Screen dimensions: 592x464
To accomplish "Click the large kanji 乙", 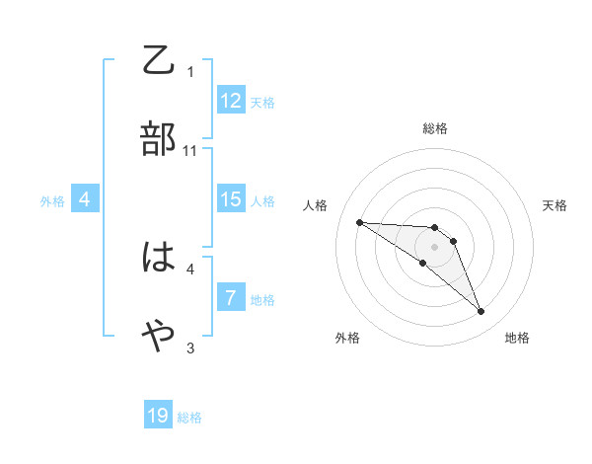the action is point(159,60).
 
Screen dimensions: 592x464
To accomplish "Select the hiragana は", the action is point(159,258).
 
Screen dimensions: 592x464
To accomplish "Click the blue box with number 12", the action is point(231,101).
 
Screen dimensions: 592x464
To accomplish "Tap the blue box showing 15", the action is point(231,199).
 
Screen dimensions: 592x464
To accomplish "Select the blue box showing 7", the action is point(231,298).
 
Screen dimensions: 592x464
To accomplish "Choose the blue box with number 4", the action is point(85,199).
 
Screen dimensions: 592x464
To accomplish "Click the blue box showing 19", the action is point(158,416).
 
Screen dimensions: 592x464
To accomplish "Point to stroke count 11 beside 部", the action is point(190,150).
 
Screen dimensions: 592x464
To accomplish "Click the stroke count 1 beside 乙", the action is point(190,71).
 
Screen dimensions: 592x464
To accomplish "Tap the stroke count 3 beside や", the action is point(190,348).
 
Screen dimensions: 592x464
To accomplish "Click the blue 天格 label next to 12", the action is point(262,102).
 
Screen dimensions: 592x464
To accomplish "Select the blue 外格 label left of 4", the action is point(52,200).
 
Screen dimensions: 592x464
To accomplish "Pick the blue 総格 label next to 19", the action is point(189,417).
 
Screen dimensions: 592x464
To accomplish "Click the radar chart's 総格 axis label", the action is point(435,128).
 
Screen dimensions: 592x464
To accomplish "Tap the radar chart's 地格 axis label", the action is point(517,338).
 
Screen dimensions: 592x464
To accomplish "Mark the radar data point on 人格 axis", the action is point(359,222).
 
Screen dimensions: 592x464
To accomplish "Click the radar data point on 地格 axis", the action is point(481,312).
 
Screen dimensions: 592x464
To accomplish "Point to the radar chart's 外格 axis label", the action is point(347,338).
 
